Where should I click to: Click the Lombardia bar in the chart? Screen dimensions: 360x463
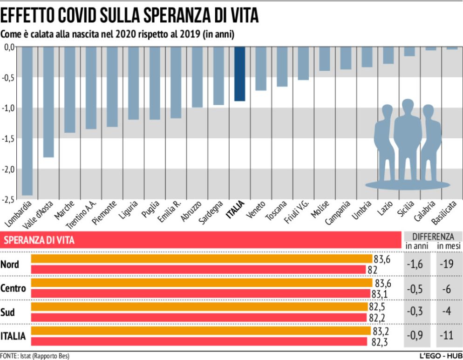[27, 121]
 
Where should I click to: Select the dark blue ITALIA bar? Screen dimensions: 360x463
[239, 74]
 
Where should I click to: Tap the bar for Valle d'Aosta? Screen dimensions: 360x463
[48, 102]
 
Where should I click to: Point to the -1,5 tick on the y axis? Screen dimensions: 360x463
[9, 138]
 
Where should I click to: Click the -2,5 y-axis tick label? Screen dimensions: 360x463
[9, 200]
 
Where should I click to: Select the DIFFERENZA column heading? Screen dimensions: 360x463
[433, 236]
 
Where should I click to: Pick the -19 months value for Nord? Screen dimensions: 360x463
[448, 265]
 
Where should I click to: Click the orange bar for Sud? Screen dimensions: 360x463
[200, 308]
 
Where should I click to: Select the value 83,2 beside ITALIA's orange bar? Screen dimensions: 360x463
[381, 331]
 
